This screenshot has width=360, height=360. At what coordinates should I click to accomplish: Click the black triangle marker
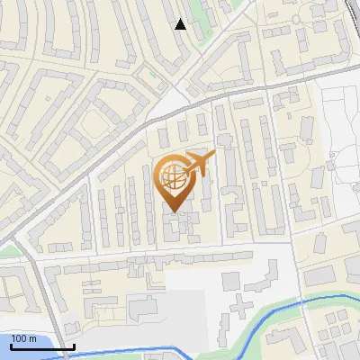click(x=181, y=24)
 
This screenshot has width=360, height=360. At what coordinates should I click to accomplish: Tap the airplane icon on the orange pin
click(x=199, y=164)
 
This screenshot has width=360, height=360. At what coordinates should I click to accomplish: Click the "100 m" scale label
click(x=24, y=338)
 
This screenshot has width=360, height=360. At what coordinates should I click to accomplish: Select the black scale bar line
click(x=42, y=346)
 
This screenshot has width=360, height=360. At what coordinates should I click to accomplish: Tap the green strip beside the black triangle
click(x=200, y=27)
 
